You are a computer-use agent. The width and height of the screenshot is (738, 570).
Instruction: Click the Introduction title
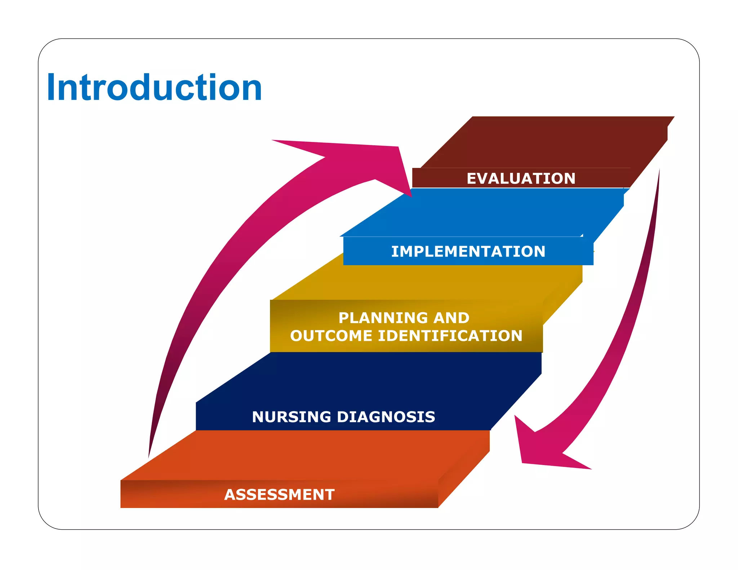coord(154,88)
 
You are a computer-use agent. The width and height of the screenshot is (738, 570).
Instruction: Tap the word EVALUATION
coord(521,179)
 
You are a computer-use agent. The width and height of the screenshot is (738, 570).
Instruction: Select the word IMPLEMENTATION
coord(468,251)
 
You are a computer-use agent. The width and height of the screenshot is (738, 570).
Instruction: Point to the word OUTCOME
coord(331,336)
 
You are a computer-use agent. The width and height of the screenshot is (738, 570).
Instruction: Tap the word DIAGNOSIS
coord(386,417)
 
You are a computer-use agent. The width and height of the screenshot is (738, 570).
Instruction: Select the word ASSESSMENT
coord(279,495)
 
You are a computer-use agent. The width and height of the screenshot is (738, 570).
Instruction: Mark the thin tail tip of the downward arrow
coord(659,171)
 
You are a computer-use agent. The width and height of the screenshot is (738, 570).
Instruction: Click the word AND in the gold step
coord(451,318)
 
